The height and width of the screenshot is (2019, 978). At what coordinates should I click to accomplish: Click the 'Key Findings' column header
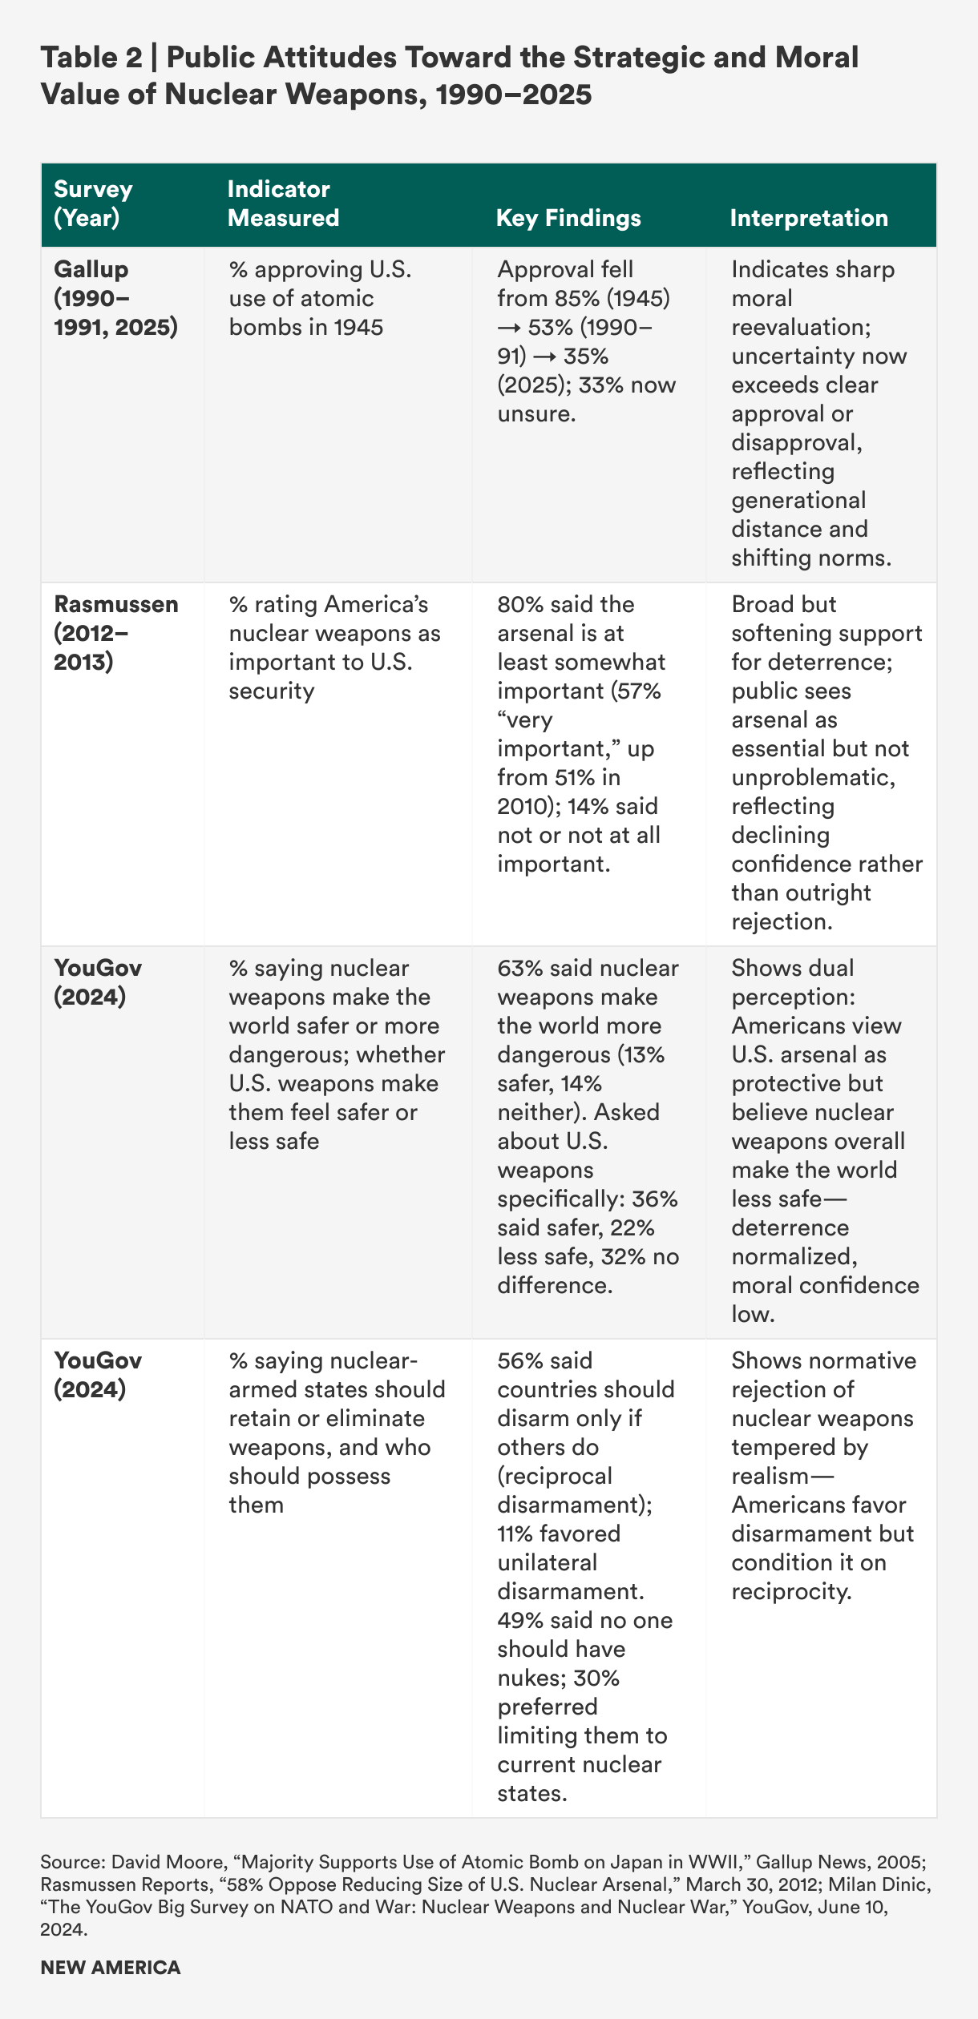(568, 218)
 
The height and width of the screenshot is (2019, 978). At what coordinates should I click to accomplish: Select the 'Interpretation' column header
(809, 218)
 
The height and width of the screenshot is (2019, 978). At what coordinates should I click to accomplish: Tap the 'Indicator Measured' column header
(283, 204)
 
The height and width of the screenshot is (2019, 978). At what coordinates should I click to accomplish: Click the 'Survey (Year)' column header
(93, 204)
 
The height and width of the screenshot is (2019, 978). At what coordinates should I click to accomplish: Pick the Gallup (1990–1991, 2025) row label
(115, 298)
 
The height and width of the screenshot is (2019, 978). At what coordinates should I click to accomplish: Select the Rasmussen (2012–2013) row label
(115, 633)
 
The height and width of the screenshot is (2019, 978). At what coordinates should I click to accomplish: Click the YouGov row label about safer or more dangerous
(98, 982)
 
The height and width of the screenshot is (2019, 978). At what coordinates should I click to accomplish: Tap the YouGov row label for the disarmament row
(98, 1375)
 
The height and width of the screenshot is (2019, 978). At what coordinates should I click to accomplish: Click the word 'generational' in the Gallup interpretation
(798, 500)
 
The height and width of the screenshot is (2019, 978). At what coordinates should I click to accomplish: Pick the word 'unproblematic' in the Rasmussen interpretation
(813, 777)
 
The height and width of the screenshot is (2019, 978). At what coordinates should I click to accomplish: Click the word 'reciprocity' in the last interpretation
(790, 1591)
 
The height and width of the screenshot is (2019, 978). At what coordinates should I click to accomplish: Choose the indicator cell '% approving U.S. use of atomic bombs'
(320, 298)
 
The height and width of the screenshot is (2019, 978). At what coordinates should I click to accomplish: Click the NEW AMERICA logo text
(111, 1967)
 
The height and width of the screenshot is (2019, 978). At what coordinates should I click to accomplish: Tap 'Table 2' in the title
(91, 58)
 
